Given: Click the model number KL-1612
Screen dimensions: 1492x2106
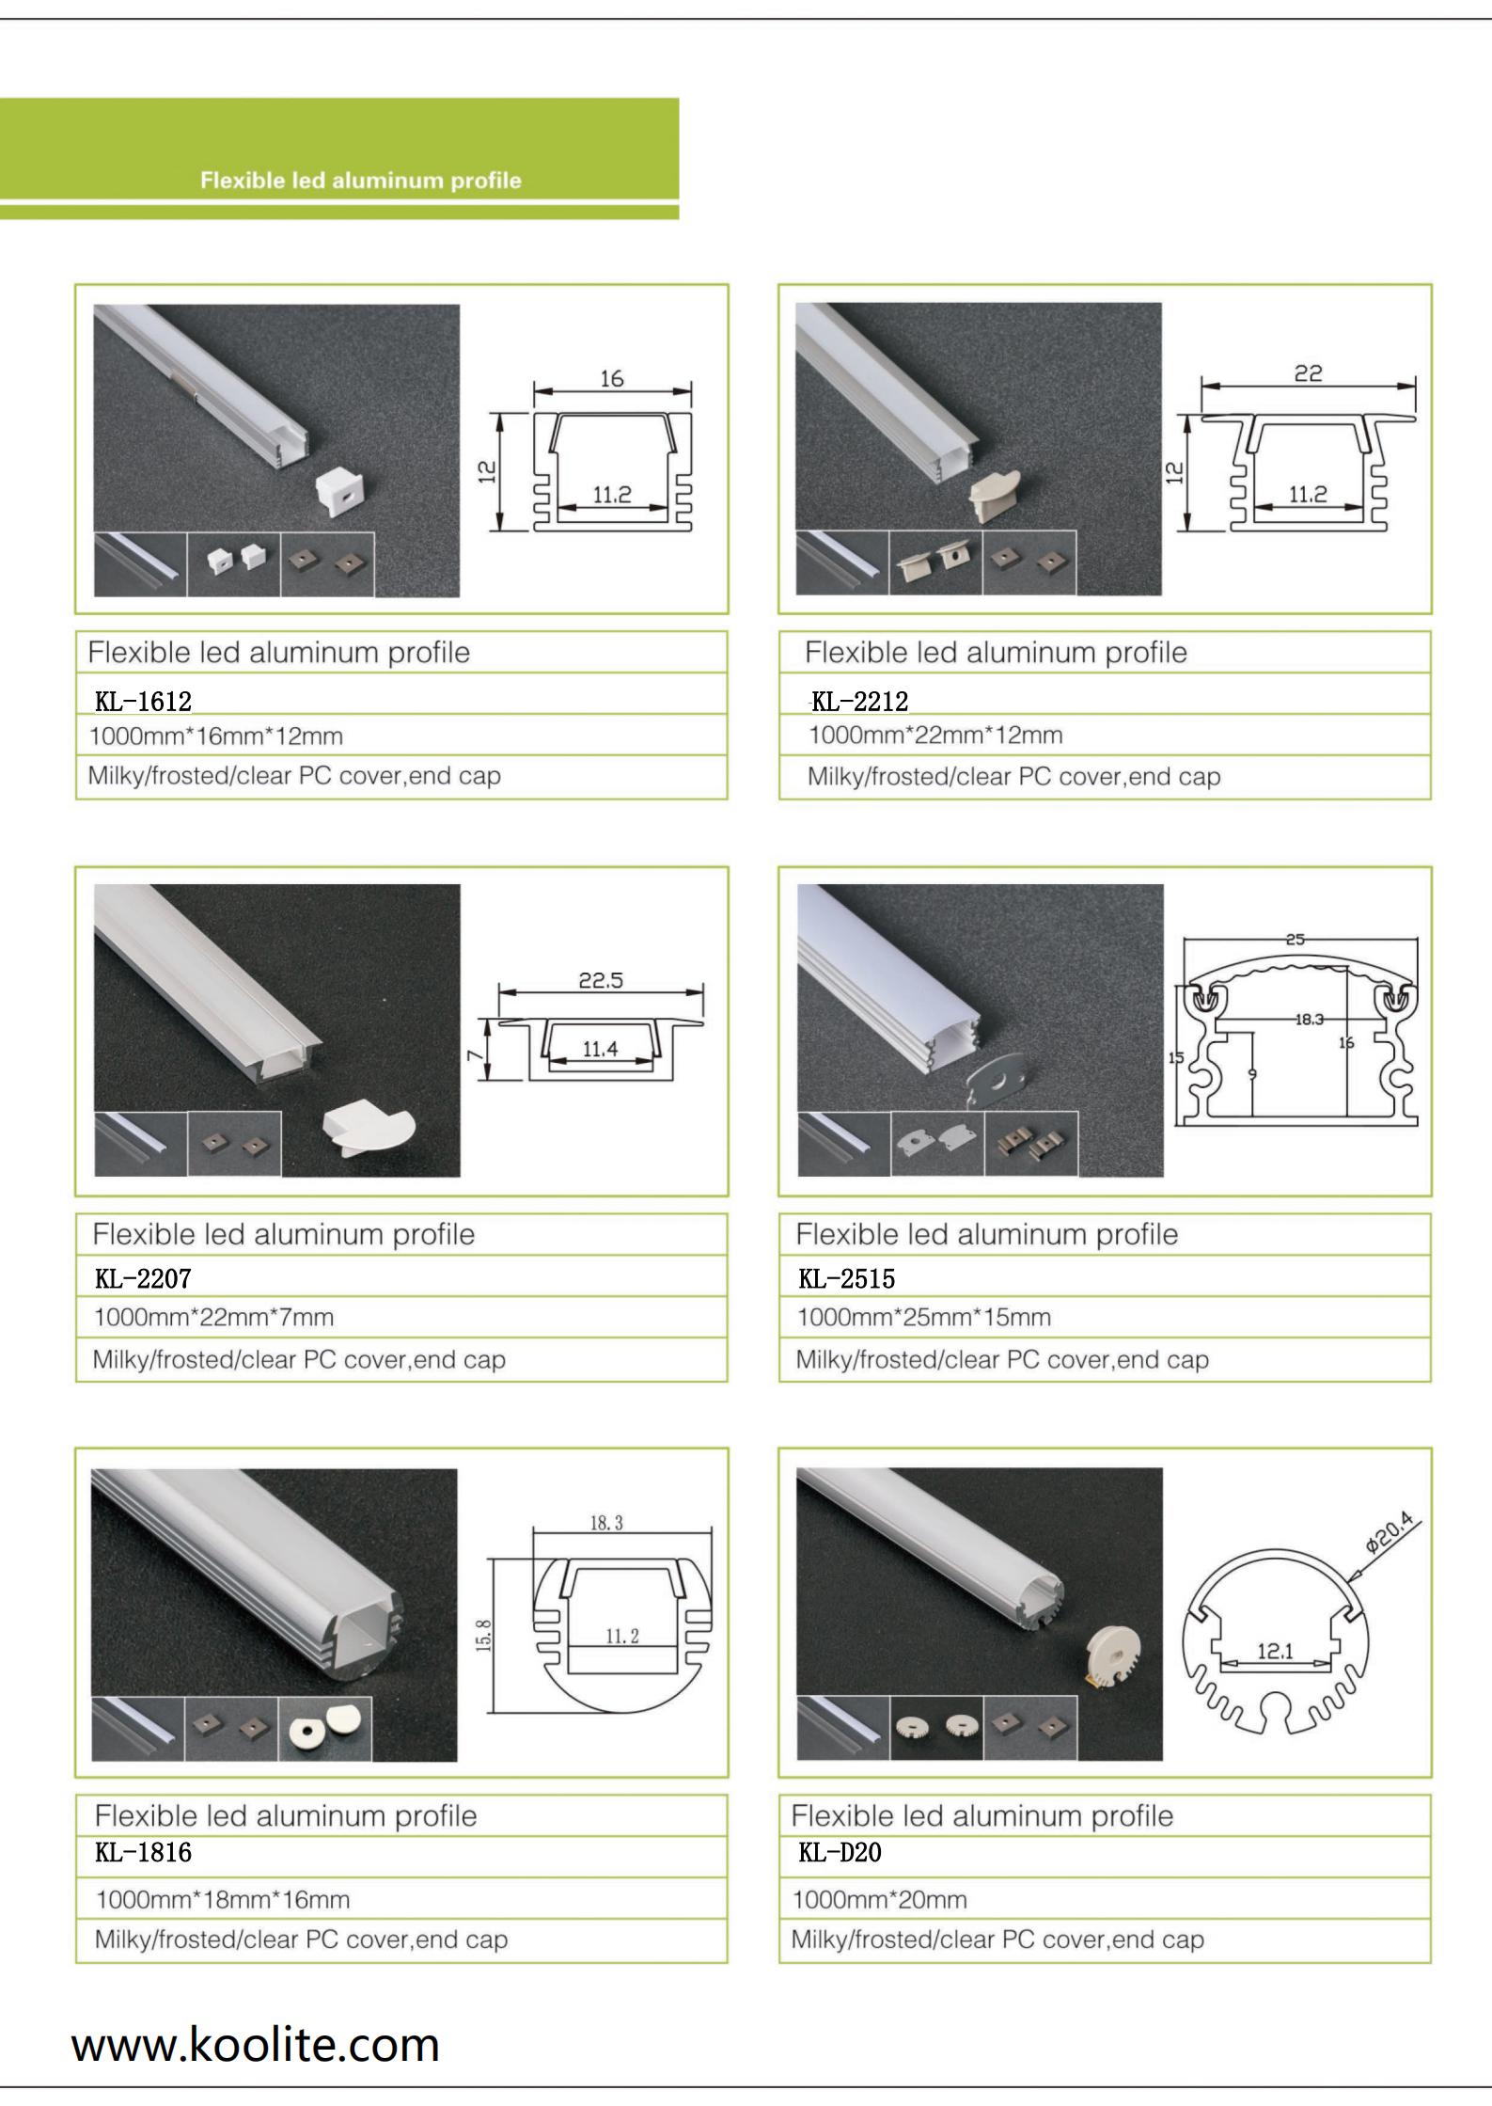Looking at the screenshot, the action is [143, 702].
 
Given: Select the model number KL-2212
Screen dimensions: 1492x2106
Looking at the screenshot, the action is [860, 702].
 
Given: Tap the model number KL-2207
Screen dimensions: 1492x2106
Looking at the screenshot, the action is [143, 1278].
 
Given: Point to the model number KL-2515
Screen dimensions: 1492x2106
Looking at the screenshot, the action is [847, 1278].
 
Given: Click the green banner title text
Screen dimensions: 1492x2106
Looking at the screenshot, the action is [361, 181].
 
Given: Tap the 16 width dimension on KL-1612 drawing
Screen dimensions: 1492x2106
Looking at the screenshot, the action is [612, 378].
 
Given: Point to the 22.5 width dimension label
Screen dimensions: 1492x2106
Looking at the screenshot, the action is [601, 980].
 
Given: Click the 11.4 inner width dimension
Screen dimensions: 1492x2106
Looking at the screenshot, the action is [600, 1049].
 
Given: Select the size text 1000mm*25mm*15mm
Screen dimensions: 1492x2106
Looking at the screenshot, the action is [924, 1318].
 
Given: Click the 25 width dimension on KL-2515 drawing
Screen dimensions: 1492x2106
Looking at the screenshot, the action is [1296, 939].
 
